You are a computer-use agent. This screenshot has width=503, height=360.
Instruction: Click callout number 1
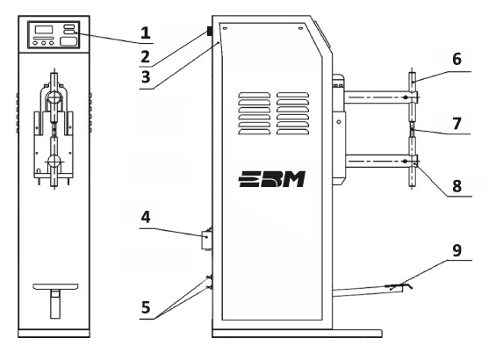coord(146,33)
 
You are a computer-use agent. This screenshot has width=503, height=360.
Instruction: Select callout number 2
coord(146,57)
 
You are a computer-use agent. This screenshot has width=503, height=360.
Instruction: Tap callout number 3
coord(146,77)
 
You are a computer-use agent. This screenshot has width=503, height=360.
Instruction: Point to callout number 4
coord(146,217)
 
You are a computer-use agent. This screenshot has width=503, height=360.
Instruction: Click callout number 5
coord(146,307)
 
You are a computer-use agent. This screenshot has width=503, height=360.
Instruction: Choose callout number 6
coord(456,60)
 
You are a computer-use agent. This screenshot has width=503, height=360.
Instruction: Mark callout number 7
coord(456,124)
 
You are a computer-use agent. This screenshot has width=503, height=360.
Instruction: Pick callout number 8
coord(456,186)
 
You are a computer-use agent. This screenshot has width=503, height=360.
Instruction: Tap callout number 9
coord(456,250)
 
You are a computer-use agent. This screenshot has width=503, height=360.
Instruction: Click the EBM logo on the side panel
coord(272,179)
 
